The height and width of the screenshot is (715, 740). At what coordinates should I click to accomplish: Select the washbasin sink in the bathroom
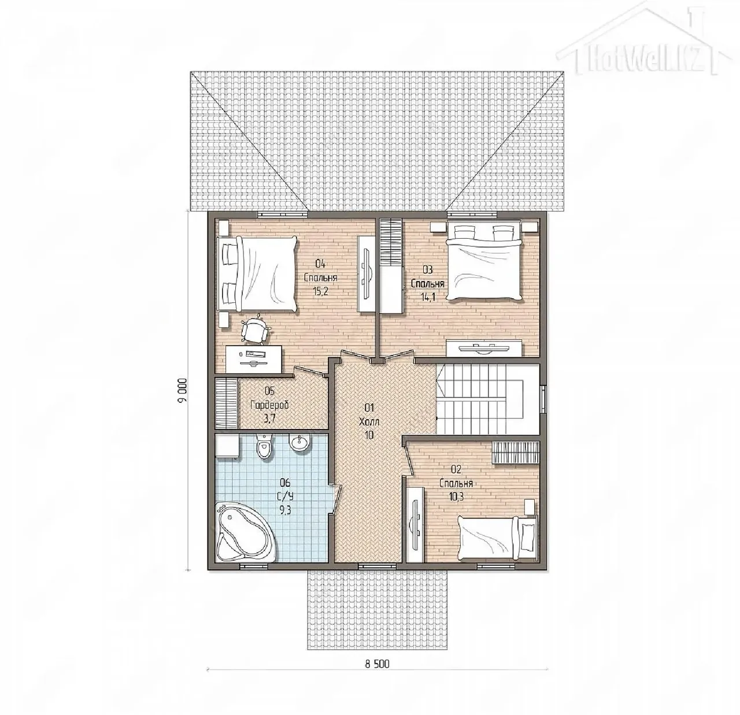coord(299,443)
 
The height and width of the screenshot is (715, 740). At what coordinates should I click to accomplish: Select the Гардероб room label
coord(269,405)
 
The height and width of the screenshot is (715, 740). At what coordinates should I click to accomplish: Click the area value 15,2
coord(320,291)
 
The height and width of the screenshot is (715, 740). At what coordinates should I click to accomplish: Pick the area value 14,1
coord(428,297)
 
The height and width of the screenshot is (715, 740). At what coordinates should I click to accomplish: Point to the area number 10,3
coord(456,497)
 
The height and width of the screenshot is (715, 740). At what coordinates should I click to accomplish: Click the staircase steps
coord(489,399)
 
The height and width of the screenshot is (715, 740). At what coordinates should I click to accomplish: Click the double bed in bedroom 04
coord(256,273)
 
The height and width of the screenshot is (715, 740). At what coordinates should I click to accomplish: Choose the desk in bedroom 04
coord(254,359)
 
